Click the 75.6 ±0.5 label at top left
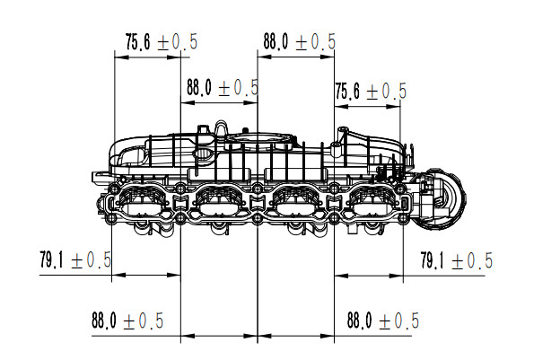click(162, 42)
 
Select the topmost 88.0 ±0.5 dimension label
click(299, 42)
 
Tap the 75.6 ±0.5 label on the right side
click(371, 91)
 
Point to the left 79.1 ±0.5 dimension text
click(75, 259)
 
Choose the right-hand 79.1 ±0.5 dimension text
click(457, 260)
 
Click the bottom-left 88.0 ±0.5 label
click(127, 320)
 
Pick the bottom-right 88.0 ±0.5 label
click(383, 320)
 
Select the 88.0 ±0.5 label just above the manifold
click(223, 87)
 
